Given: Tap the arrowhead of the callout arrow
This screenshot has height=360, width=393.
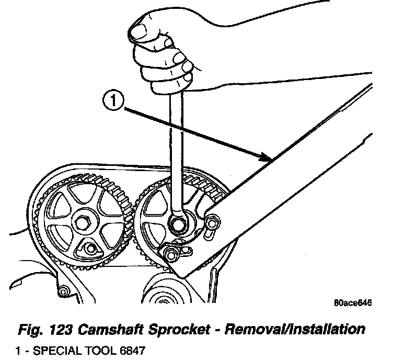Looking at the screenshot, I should coord(268,156).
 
